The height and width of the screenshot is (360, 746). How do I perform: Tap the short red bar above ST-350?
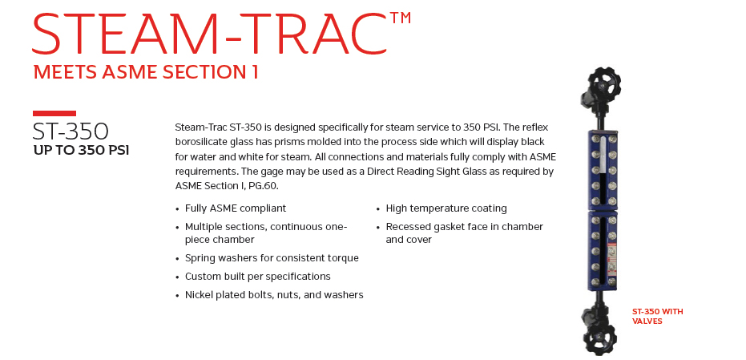click(x=54, y=113)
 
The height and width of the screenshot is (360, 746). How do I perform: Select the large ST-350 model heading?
click(x=71, y=131)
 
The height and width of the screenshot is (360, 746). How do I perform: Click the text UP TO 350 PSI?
click(x=82, y=151)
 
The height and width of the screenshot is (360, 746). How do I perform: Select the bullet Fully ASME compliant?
click(x=236, y=208)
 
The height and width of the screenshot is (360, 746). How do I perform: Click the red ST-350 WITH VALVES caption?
click(x=658, y=316)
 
